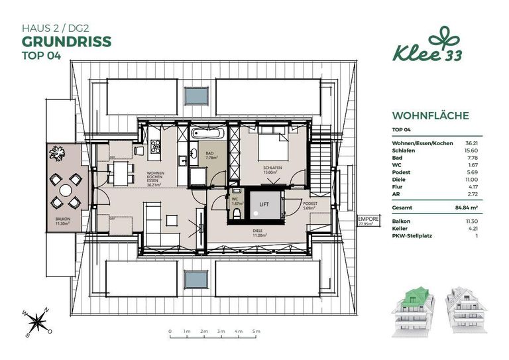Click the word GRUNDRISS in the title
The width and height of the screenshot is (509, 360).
(x=66, y=41)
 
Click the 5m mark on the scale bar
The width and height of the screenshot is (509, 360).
(x=256, y=330)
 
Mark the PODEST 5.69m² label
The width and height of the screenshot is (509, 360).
(x=310, y=206)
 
